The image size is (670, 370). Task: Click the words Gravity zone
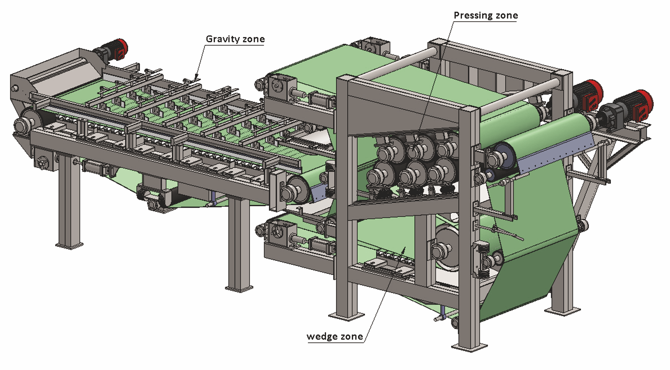pos(235,39)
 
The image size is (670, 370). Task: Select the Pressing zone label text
pos(485,16)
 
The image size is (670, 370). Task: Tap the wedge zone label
pos(335,336)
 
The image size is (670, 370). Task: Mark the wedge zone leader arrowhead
pos(404,248)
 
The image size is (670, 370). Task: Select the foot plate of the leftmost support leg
pos(69,245)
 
